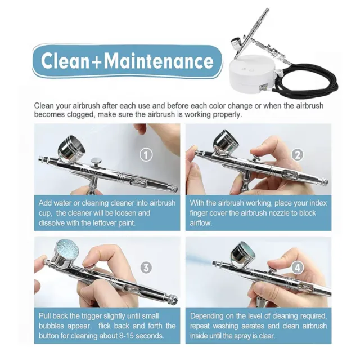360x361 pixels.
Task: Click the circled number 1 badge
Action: point(146,155)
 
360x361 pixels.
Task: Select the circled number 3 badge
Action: point(146,268)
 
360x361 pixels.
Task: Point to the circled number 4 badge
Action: point(298,268)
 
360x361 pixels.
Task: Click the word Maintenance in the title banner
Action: point(159,61)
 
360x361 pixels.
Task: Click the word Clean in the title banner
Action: point(65,61)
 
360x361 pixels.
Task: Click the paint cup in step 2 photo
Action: point(226,142)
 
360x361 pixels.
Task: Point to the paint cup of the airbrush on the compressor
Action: point(238,44)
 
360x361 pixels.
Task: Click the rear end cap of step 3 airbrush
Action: point(173,299)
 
